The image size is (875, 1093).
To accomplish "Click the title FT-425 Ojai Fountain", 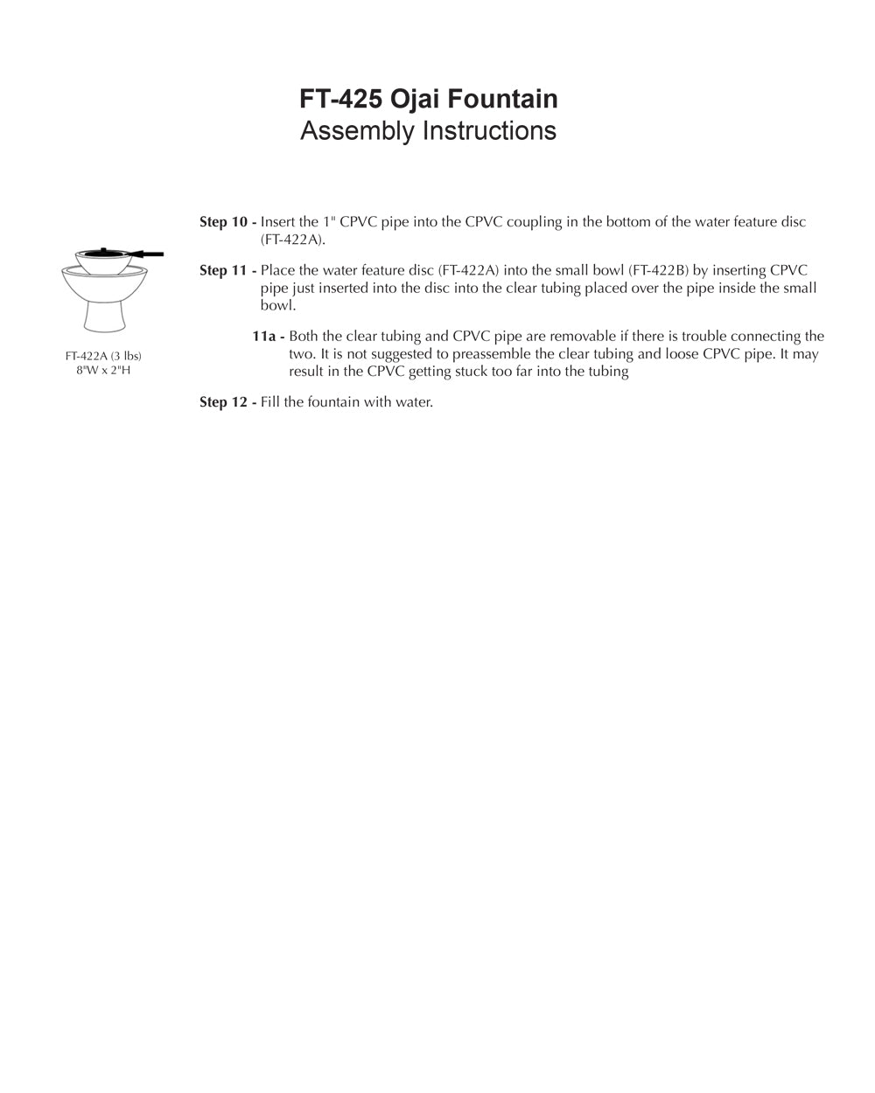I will [428, 99].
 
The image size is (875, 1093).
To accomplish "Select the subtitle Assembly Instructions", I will [428, 131].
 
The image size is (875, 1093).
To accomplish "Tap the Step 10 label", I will [227, 222].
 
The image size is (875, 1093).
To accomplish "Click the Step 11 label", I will [227, 271].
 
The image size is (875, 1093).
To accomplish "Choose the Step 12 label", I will [227, 403].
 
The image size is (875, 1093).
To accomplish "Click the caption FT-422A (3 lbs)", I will [103, 356].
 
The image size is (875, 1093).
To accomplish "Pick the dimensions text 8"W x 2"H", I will [103, 370].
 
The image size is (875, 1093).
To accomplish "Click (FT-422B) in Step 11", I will [658, 271].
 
